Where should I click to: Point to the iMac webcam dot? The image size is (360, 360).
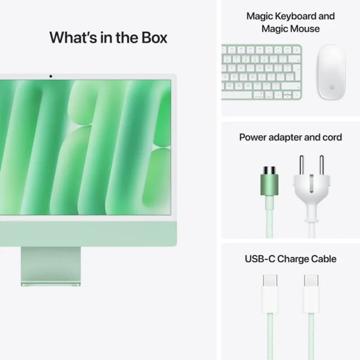click(50, 76)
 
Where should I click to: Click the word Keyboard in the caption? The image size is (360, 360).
click(295, 16)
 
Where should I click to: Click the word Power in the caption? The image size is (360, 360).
click(253, 137)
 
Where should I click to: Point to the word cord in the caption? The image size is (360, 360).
click(331, 137)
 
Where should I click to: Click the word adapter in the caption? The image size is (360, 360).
click(289, 137)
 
